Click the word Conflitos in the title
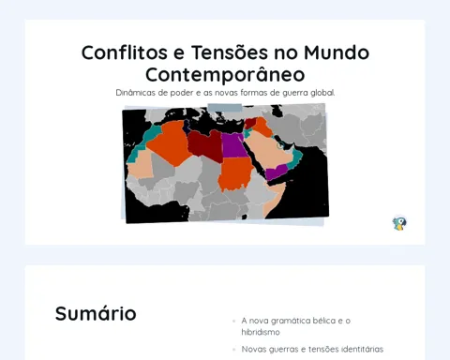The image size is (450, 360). point(125,52)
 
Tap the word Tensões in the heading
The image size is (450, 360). point(230,52)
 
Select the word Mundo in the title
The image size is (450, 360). point(337,52)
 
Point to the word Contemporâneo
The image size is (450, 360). point(225,74)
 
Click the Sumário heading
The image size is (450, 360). point(96,313)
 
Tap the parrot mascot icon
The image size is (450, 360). point(399,223)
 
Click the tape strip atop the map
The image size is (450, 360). point(225,108)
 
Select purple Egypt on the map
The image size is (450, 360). point(233,145)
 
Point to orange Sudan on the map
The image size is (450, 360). point(236,174)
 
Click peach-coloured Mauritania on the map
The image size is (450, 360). point(141,166)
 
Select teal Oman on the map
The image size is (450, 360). point(296,158)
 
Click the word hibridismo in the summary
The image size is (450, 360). point(261,332)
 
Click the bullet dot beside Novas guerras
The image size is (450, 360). point(233,350)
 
